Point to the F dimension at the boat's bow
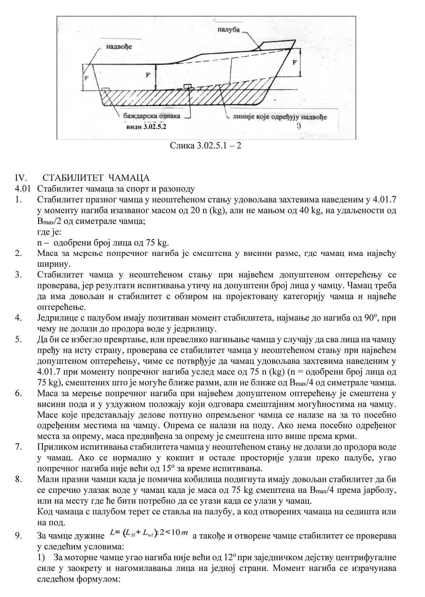[295, 62]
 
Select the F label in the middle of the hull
[148, 75]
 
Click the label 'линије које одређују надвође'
[280, 117]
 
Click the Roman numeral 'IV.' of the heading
[20, 178]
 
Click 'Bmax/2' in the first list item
[51, 222]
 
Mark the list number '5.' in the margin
[18, 339]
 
